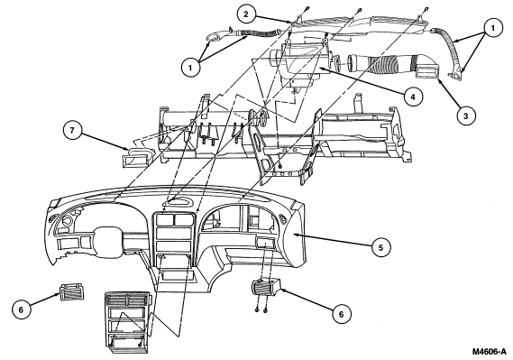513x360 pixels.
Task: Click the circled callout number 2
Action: tap(246, 14)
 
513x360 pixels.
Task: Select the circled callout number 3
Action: tap(465, 115)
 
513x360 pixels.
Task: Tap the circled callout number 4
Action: tap(413, 97)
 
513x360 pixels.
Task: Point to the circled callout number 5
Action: tap(380, 248)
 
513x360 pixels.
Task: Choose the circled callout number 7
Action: tap(72, 130)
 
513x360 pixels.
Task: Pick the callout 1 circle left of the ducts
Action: tap(190, 68)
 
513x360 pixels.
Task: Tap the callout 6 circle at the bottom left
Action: tap(22, 309)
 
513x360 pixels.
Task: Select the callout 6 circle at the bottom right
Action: tap(341, 314)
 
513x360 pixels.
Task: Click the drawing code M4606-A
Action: tap(489, 352)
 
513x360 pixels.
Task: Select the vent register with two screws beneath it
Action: tap(266, 287)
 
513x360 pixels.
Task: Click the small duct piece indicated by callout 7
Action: tap(139, 157)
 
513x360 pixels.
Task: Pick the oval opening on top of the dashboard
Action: tap(179, 202)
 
